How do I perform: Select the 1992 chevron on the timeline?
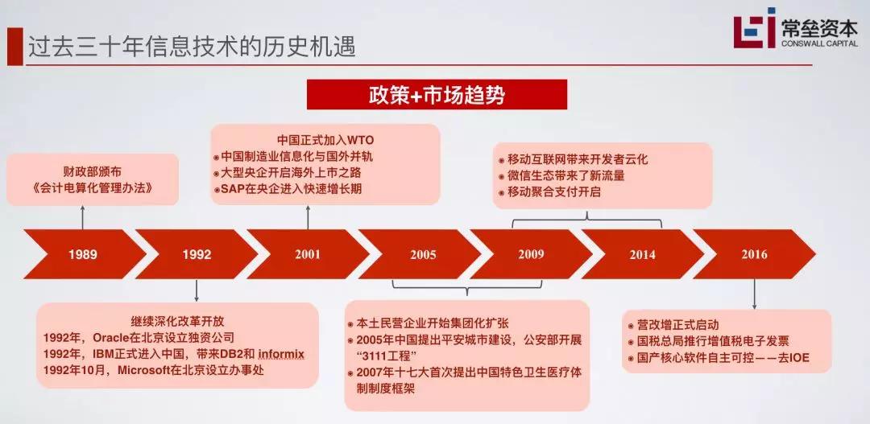(x=196, y=255)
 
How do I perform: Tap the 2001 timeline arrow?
(x=307, y=255)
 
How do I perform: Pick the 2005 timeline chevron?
(x=421, y=255)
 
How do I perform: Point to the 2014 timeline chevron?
(x=642, y=255)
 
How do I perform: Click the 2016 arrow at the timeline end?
(x=754, y=255)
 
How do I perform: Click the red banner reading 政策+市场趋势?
(x=437, y=94)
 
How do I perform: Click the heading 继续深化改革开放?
(x=177, y=319)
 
